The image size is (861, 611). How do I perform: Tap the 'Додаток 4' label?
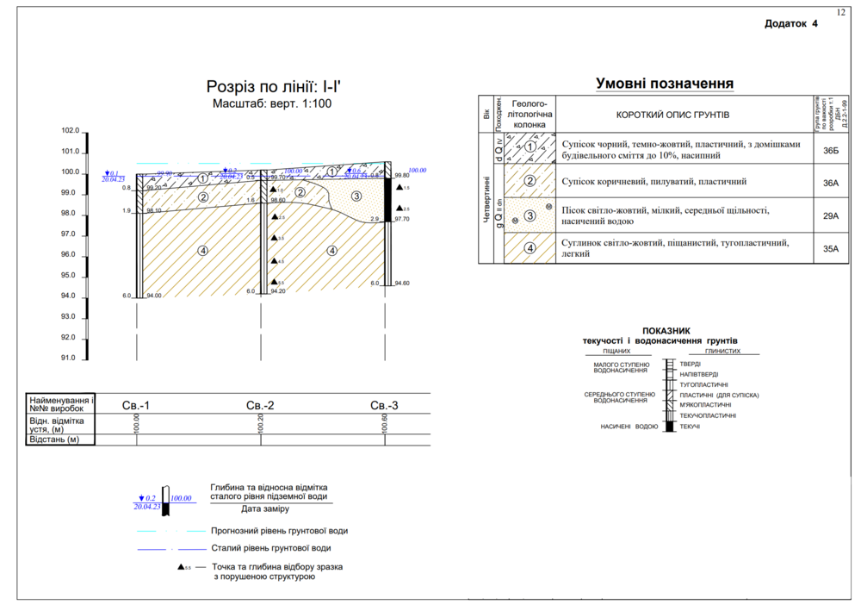pos(790,24)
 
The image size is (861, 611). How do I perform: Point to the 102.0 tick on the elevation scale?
pos(70,131)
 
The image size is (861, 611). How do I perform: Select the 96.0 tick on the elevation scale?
pos(70,255)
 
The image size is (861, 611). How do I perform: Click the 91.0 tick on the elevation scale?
pos(70,358)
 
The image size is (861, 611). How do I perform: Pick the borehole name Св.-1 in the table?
pos(136,406)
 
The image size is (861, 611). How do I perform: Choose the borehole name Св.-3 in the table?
pos(384,406)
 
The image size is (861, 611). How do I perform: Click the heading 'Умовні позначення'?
pos(664,84)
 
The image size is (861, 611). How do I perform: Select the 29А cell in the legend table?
pos(830,216)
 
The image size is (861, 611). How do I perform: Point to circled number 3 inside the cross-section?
pos(356,196)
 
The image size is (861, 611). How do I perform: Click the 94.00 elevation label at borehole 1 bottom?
pos(154,296)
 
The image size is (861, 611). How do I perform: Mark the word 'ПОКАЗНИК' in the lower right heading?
pos(667,331)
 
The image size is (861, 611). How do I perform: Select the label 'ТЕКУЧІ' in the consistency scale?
pos(690,427)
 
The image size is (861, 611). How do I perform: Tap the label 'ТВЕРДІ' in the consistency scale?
pos(691,364)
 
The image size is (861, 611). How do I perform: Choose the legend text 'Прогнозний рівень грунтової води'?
pos(279,531)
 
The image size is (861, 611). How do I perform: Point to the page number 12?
pos(840,11)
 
